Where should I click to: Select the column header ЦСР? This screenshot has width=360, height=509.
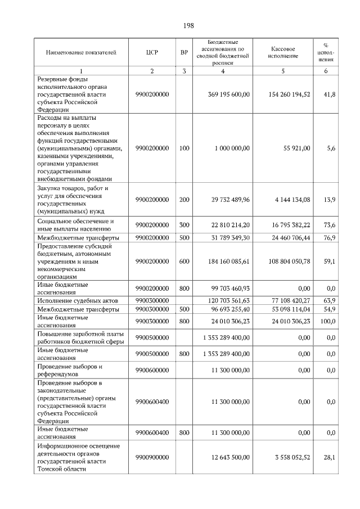click(152, 53)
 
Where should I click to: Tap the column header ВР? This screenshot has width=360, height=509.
click(184, 53)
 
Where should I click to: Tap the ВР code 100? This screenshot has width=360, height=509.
click(184, 148)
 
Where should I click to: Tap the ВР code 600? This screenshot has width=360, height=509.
click(184, 261)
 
